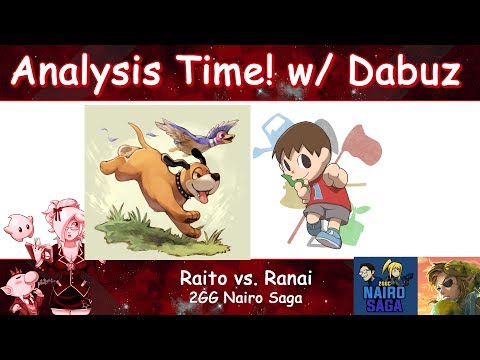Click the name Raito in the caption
pos(205,274)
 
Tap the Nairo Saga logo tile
pos(384,286)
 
